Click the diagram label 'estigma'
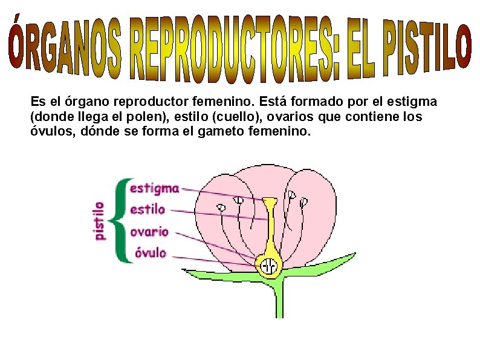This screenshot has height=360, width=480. coord(154,188)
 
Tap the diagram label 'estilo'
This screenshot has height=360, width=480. coord(148,210)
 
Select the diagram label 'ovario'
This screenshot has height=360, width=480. coord(149,232)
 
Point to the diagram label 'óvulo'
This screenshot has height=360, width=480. coord(151,253)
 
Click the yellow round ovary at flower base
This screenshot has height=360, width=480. coord(269,264)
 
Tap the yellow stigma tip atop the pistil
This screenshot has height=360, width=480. coord(270,200)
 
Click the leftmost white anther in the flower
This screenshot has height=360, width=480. coord(221,208)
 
